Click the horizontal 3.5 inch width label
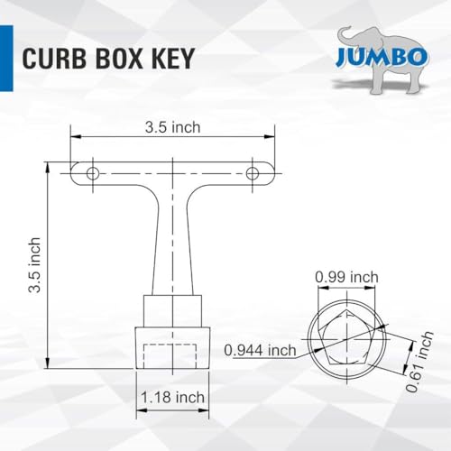click(172, 127)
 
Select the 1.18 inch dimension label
click(173, 396)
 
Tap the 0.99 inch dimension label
click(345, 278)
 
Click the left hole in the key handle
click(91, 171)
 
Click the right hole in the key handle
click(253, 171)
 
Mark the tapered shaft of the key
click(172, 244)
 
